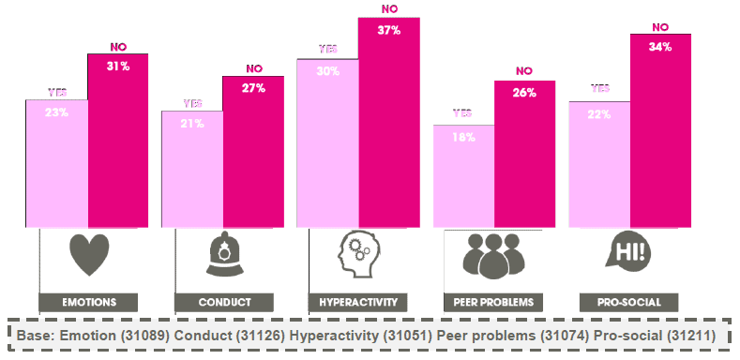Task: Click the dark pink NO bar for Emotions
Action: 118,141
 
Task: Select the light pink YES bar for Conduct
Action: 192,170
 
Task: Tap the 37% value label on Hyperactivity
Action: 389,31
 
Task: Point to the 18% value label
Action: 463,138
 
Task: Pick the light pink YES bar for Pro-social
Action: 599,165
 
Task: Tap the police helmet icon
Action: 225,253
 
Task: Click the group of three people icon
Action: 493,255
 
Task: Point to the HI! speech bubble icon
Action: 628,251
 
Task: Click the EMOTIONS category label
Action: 89,303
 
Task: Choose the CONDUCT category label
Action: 224,303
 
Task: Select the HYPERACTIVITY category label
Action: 358,303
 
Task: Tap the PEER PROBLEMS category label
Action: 493,303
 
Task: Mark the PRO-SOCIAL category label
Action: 629,303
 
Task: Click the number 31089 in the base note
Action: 145,336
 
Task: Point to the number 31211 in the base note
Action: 691,336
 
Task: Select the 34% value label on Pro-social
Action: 660,47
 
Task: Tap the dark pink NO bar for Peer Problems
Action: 525,155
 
